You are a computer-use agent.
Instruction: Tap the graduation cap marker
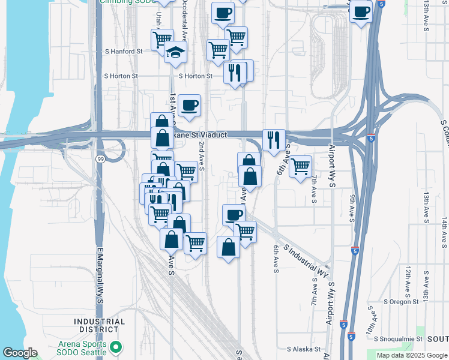point(175,52)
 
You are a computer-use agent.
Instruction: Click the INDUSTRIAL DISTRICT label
point(100,325)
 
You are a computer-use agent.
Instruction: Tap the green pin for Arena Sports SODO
point(117,347)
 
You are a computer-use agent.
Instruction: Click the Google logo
point(20,353)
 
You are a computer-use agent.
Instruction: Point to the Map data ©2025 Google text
point(411,355)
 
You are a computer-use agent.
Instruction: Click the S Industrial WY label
point(306,256)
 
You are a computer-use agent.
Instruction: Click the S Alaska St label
point(305,348)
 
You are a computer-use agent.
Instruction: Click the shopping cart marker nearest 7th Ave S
point(300,166)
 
